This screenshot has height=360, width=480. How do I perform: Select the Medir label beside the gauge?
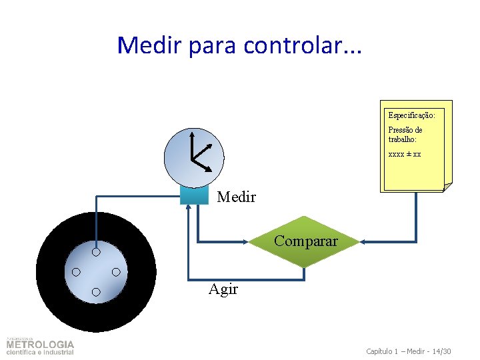coord(236,197)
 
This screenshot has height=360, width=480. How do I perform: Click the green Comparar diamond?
coord(305,241)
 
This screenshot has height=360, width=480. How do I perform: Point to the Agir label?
coord(223,289)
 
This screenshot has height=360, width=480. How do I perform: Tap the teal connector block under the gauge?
coord(194,195)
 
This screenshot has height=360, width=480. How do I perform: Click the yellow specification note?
coord(415,146)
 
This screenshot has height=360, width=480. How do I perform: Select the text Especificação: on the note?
coord(411,115)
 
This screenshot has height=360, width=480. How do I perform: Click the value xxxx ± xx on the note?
coord(405,154)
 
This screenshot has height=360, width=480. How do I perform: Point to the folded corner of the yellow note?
coord(447,187)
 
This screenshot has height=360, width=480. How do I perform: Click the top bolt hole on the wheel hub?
coord(96,252)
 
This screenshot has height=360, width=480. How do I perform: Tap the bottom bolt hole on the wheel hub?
coord(96,292)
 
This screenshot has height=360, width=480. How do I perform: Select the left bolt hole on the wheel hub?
coord(76,272)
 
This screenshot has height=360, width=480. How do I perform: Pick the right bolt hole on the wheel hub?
coord(116,272)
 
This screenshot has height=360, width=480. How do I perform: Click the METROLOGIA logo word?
coord(40,345)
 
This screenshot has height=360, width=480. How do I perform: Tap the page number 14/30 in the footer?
coord(441,351)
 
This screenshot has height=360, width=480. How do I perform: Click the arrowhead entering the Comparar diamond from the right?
coord(363,241)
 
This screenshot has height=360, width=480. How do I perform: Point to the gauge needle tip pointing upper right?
coord(213,145)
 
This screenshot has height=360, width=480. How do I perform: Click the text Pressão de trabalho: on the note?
coord(405,135)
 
